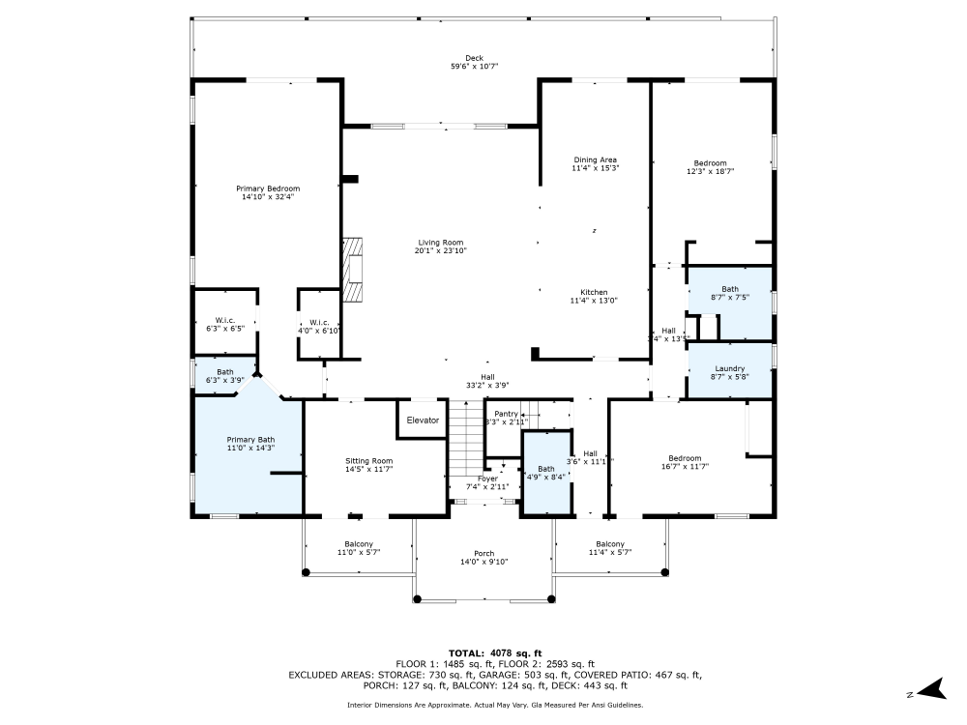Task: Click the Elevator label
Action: (423, 420)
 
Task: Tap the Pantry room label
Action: (507, 414)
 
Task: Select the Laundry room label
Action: (729, 368)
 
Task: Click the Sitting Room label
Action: (368, 461)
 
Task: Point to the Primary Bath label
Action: (250, 440)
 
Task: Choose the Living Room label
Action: (440, 243)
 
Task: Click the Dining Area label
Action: (595, 159)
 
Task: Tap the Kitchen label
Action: (594, 292)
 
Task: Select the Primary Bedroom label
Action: (268, 188)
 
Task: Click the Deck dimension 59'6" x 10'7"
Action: (474, 67)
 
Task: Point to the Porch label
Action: (483, 554)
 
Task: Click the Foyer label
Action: (487, 478)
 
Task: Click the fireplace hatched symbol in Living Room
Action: (355, 270)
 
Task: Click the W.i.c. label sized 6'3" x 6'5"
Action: (224, 320)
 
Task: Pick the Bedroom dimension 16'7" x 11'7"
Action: (685, 466)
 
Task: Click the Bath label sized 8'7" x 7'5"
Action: (729, 289)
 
